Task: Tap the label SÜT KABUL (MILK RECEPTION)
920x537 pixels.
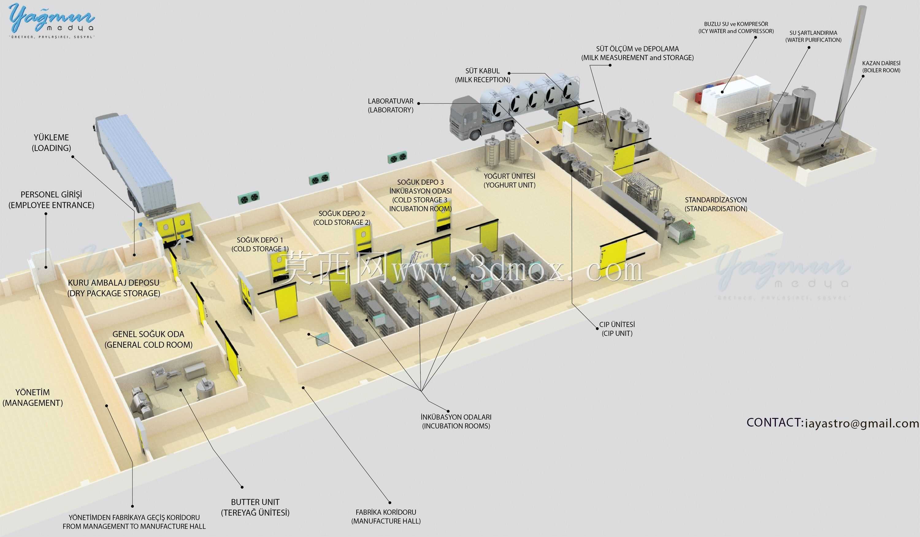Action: pos(482,75)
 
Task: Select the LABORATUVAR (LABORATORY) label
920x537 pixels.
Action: pos(391,106)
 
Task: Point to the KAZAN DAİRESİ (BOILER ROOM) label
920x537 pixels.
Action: pos(881,67)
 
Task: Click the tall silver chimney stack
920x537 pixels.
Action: pos(851,66)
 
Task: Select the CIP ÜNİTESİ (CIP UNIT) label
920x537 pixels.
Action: pos(617,329)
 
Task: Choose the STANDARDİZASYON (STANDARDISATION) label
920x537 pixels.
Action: pos(715,204)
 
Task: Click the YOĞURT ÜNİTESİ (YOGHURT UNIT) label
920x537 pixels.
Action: pos(509,181)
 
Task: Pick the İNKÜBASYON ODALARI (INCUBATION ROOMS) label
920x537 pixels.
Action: pos(456,422)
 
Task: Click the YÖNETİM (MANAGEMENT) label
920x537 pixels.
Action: pos(33,397)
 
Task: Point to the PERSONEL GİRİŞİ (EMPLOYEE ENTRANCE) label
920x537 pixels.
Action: pos(52,200)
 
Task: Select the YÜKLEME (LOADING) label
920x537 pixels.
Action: pos(52,143)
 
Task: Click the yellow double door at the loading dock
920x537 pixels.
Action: pos(174,228)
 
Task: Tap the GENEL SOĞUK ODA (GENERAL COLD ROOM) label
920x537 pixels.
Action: pos(148,339)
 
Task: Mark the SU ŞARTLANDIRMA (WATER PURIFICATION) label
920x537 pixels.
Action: pos(813,37)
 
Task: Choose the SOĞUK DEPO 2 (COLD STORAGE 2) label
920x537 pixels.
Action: pos(342,218)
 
